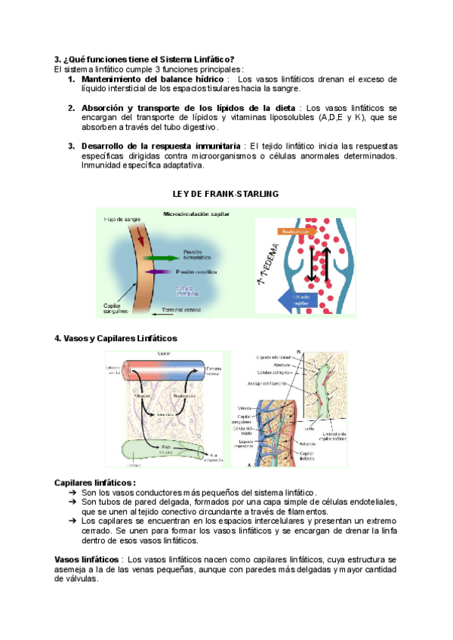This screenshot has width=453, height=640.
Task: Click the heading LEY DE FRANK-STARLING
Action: pos(226,194)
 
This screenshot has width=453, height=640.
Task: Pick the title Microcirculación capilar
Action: pos(196,214)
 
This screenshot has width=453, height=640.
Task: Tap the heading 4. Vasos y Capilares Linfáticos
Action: pos(116,338)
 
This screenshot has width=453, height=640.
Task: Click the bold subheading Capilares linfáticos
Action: pos(95,482)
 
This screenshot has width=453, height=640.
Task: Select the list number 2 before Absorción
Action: pos(71,108)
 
